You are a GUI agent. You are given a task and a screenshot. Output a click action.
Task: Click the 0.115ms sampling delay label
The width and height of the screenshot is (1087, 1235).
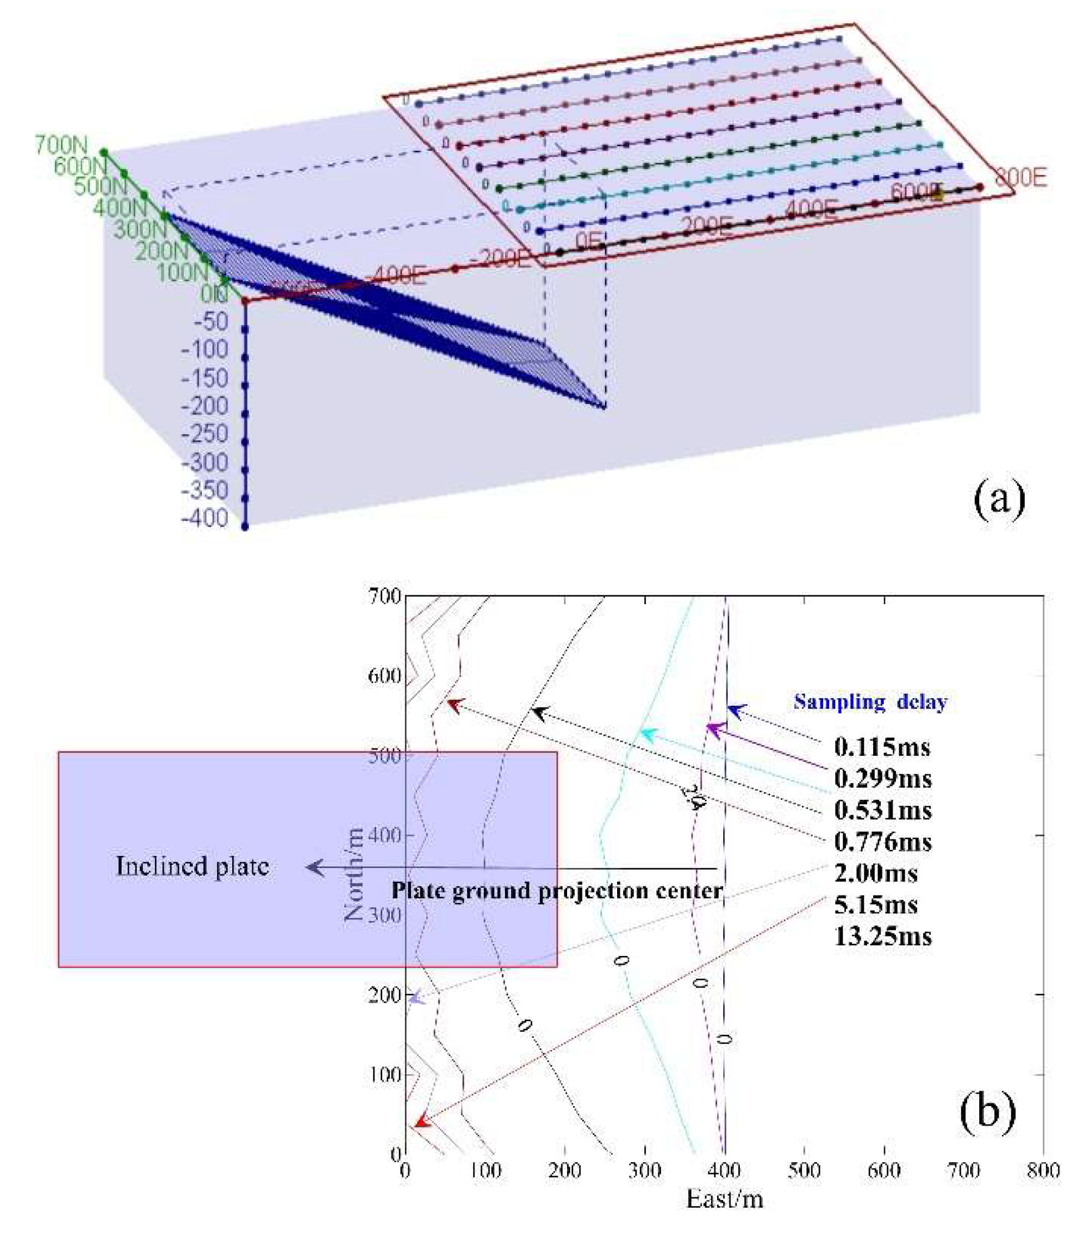(881, 748)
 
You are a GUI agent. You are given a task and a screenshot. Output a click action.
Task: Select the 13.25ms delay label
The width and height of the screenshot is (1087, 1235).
(882, 936)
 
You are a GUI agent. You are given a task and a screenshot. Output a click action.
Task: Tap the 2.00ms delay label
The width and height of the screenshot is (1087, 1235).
(875, 873)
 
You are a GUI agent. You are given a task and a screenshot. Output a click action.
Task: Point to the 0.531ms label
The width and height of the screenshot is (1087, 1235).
(882, 810)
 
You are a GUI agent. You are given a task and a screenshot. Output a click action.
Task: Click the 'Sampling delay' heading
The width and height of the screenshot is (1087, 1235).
(870, 702)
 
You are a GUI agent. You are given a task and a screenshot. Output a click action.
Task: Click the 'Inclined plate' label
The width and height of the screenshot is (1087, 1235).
(192, 867)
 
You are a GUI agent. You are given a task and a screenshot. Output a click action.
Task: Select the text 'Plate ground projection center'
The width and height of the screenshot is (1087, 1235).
(557, 890)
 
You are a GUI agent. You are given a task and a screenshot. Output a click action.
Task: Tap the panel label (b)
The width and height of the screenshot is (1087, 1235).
(988, 1110)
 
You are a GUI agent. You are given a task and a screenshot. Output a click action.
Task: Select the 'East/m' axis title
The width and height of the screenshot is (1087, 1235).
(724, 1199)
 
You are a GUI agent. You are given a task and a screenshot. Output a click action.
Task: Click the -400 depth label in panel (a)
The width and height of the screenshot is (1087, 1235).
(205, 519)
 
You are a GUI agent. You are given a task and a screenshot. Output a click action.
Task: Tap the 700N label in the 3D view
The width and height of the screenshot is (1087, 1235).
(61, 146)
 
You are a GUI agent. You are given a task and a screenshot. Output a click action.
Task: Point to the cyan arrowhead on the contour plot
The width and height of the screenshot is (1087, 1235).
(648, 735)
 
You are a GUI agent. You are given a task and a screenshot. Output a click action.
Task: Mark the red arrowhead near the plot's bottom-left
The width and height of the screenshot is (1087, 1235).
(421, 1122)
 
